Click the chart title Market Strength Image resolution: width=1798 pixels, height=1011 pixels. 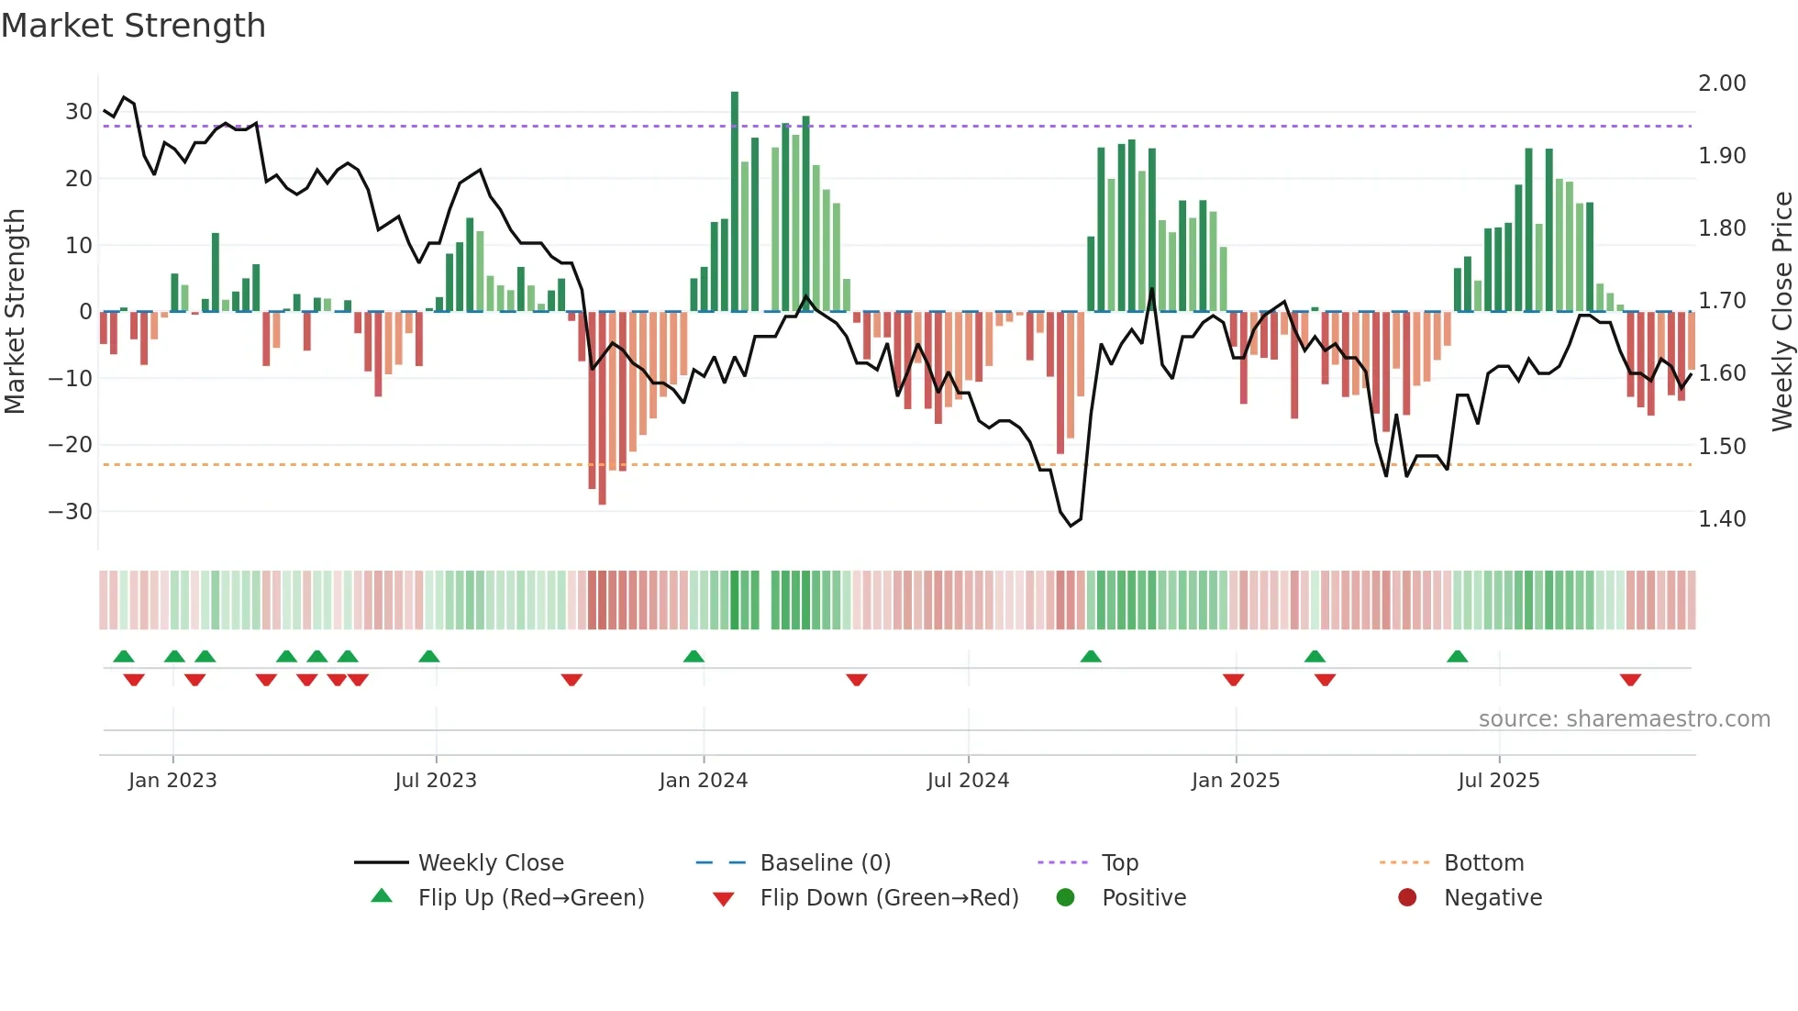[133, 26]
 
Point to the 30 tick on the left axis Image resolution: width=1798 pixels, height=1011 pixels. [79, 112]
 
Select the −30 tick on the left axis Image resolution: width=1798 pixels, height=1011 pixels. [72, 512]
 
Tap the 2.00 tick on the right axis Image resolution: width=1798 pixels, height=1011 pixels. [1722, 83]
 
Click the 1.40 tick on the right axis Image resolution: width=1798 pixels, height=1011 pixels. [1722, 519]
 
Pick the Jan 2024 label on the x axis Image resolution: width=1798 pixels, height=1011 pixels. [703, 781]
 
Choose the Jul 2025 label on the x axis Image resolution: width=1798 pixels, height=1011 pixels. [1498, 781]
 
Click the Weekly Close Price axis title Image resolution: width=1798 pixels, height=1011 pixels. [1781, 312]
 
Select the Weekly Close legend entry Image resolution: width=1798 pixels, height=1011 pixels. [490, 863]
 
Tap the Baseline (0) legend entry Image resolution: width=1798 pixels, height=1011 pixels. [825, 863]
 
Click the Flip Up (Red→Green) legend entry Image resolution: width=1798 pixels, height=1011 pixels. [530, 898]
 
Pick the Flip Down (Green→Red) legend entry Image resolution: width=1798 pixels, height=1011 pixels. [888, 898]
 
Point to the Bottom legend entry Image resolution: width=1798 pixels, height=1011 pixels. [1483, 863]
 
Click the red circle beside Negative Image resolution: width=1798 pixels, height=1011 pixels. [1406, 898]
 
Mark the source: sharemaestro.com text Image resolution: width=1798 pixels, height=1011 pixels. [1624, 719]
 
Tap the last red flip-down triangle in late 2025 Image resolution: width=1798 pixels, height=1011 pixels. [1630, 680]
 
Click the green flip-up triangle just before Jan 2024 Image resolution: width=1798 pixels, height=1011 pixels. [694, 656]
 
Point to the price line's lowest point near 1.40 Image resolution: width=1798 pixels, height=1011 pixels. [1071, 526]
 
